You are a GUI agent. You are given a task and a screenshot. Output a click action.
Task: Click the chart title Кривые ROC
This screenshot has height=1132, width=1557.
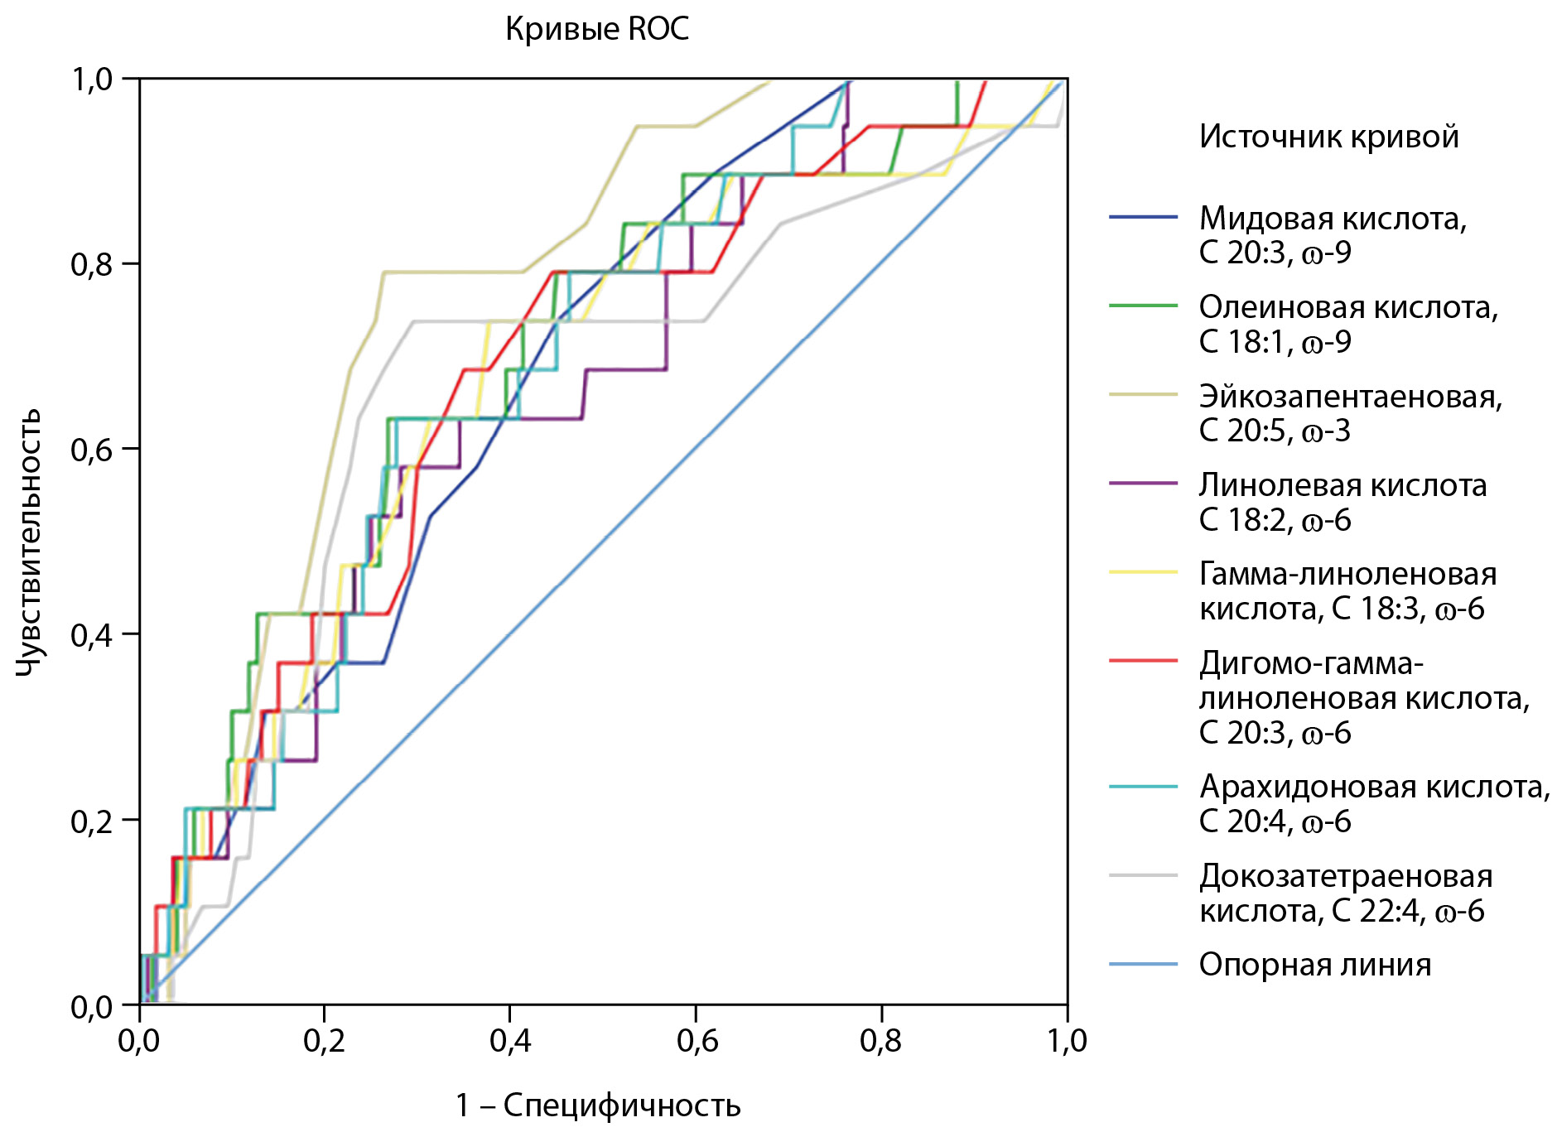point(596,30)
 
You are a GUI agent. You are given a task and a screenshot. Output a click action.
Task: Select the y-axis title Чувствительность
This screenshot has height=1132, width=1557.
point(29,542)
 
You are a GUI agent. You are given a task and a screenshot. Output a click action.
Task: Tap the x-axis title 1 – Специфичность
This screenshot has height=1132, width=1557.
point(597,1106)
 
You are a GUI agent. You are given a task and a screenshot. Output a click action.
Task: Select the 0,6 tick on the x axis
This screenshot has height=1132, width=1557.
point(697,1041)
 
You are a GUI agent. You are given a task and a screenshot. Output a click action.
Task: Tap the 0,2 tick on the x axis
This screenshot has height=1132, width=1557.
point(325,1041)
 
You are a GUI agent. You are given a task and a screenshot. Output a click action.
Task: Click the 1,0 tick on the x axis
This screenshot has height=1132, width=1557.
point(1067,1041)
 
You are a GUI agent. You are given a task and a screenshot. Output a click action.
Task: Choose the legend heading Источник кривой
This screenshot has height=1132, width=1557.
point(1328,137)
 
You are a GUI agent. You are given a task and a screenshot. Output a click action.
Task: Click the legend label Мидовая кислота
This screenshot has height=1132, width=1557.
point(1333,219)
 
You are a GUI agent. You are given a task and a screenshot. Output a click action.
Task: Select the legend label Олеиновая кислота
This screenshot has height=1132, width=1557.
point(1348,307)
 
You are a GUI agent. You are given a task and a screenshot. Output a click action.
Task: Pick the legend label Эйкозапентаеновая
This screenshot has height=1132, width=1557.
point(1350,397)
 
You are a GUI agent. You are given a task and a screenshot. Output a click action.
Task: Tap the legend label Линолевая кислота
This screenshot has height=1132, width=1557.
point(1342,485)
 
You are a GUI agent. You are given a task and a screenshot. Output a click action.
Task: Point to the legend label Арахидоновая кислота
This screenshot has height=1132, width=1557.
point(1374,787)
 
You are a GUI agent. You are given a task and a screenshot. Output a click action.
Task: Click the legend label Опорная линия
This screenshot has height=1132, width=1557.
point(1314,965)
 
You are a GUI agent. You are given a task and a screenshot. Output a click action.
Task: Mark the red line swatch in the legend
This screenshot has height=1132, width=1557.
point(1143,661)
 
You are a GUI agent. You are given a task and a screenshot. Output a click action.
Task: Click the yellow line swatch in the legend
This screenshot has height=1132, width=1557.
point(1143,571)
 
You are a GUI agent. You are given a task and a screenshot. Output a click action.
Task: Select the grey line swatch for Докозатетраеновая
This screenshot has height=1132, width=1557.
point(1143,874)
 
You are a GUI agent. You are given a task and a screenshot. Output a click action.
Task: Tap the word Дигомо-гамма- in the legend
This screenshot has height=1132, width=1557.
point(1311,663)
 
